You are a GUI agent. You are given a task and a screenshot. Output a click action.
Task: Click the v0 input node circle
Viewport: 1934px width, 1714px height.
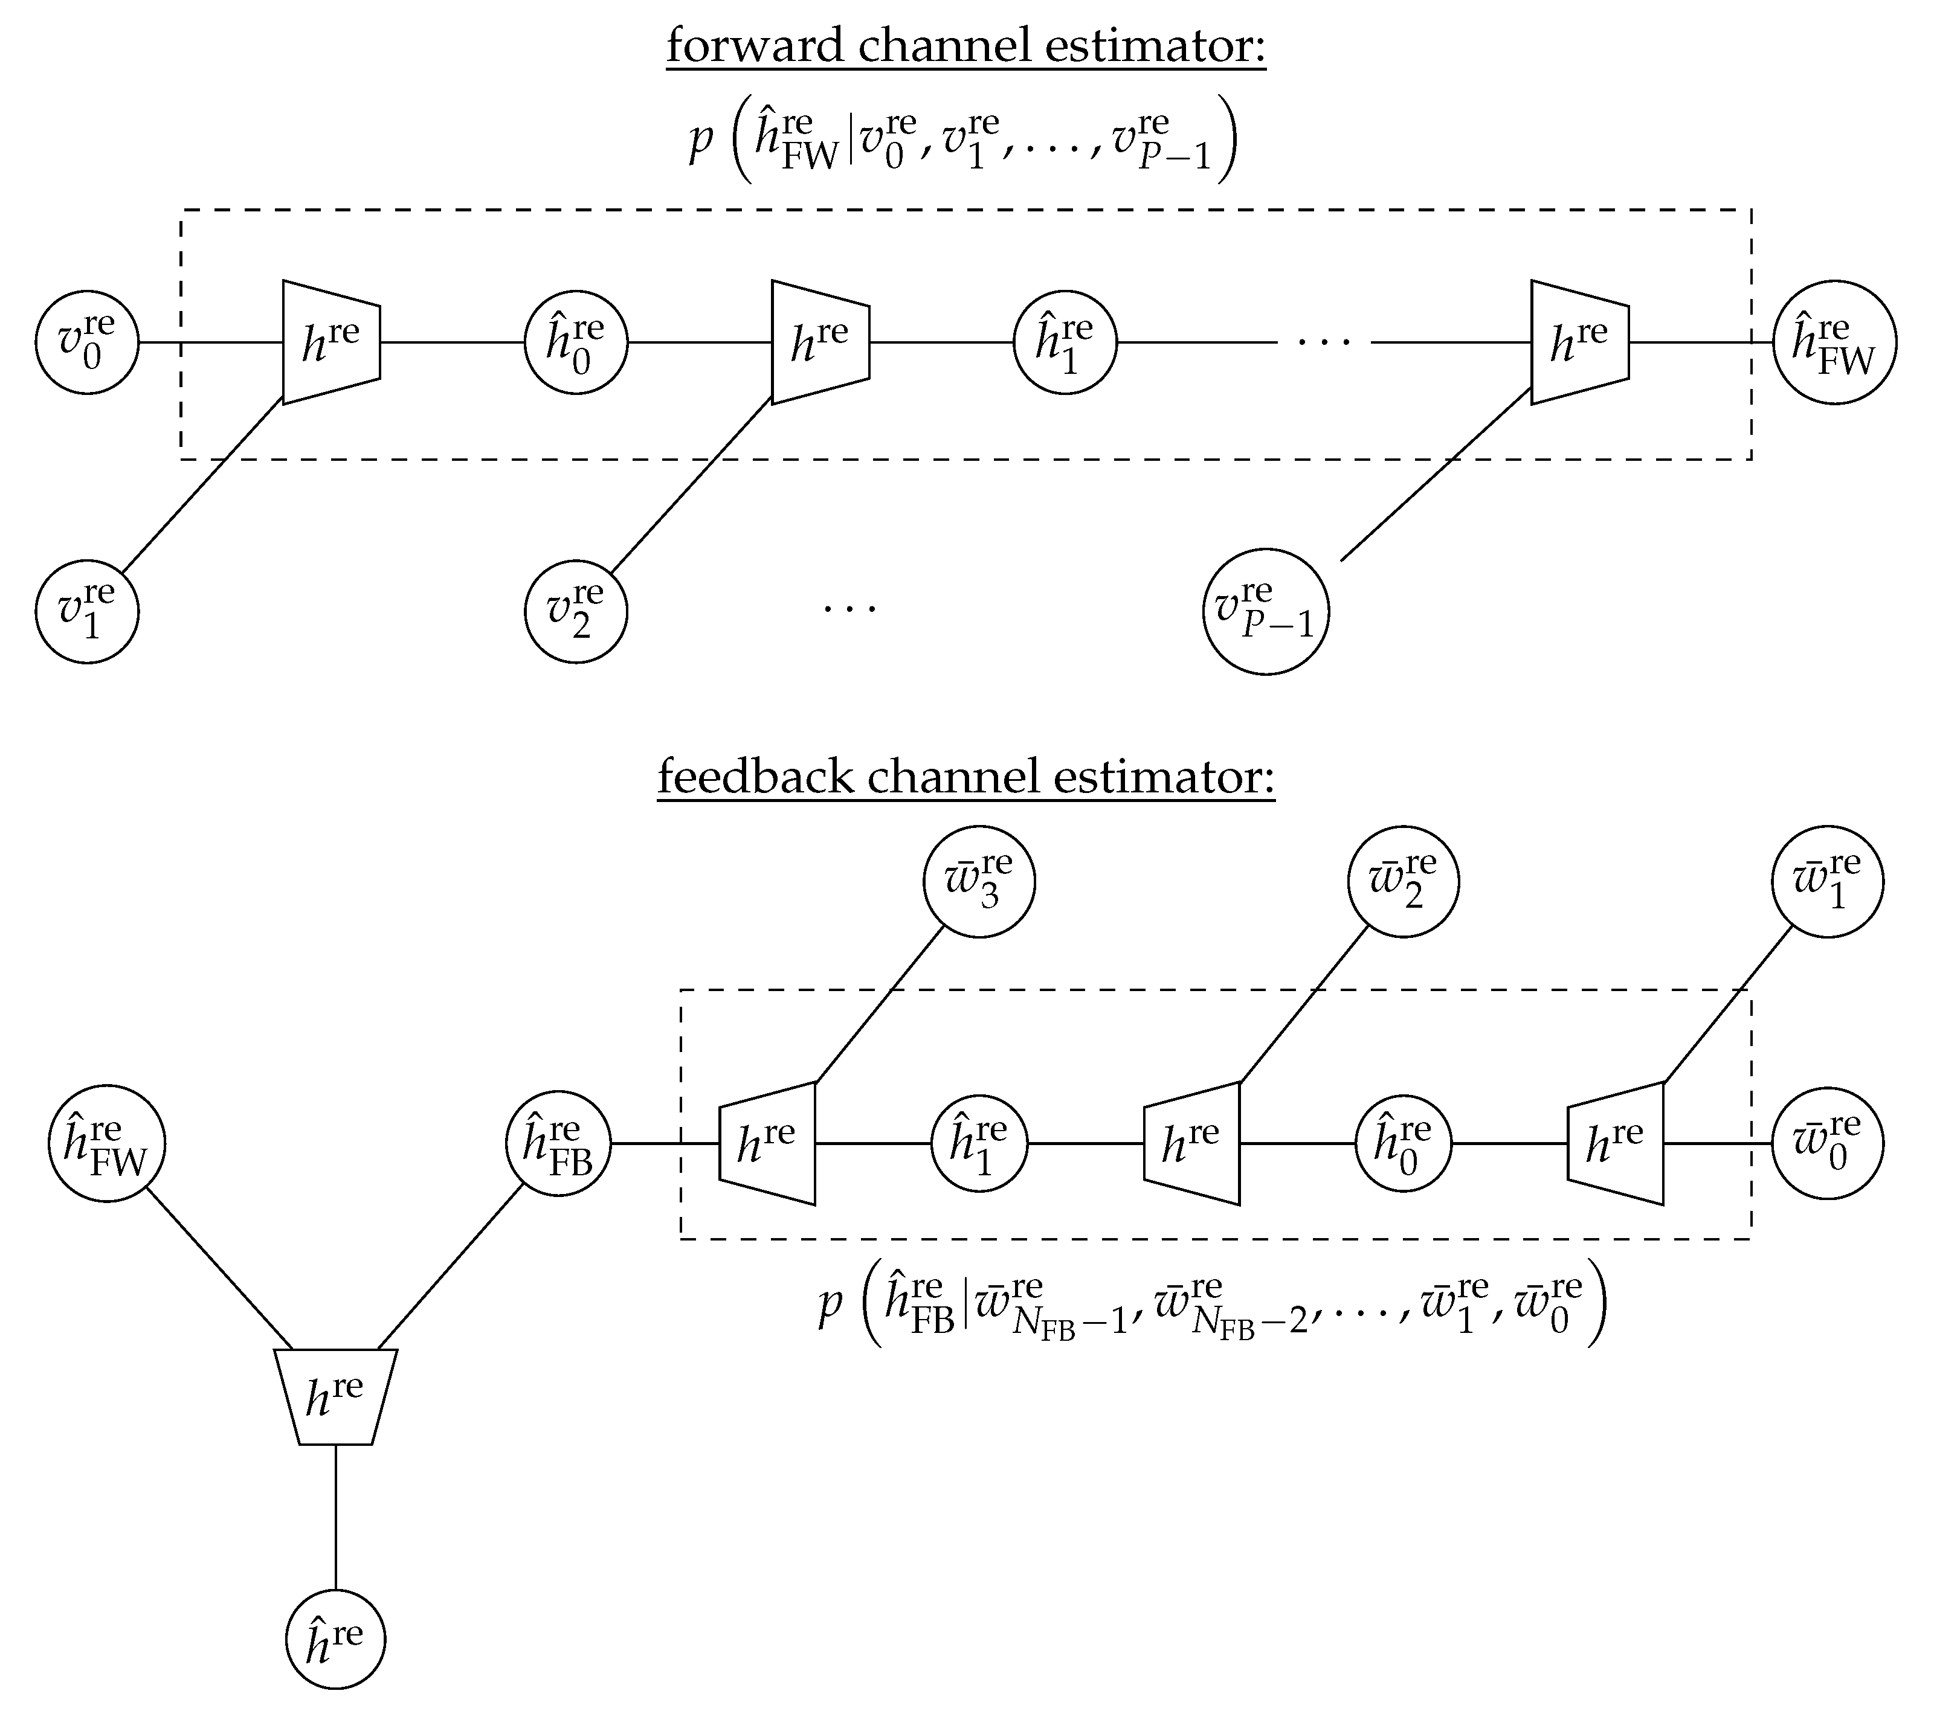pos(87,342)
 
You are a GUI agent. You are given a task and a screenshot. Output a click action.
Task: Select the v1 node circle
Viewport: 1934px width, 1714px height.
pos(87,612)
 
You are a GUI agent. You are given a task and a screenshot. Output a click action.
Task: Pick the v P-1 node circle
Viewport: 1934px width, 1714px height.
pos(1266,612)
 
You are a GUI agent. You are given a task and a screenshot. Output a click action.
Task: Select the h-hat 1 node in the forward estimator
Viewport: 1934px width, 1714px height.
pos(1065,342)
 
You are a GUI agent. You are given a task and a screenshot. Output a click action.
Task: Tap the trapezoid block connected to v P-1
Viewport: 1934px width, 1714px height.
pos(1580,342)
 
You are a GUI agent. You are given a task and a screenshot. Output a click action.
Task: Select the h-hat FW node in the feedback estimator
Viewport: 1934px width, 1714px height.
pos(107,1144)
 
